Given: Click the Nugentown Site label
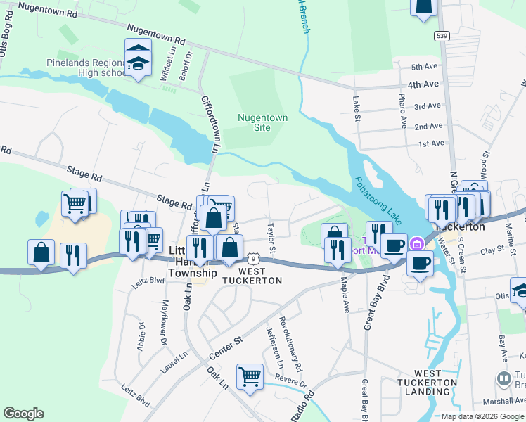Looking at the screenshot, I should (x=262, y=123).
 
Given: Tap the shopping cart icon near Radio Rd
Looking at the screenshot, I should (x=250, y=377).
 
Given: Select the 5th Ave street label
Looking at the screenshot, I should (x=424, y=67).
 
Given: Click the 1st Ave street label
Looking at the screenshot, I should (x=431, y=143).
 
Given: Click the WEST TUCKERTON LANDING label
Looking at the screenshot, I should (x=437, y=383).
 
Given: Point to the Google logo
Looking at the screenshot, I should (x=24, y=413).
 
